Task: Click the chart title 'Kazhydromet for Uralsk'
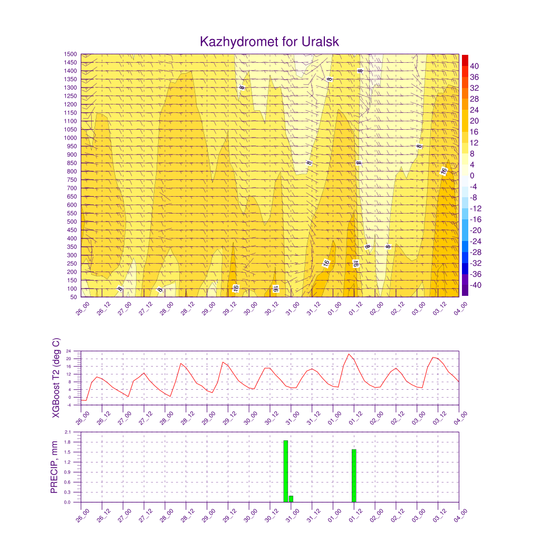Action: pyautogui.click(x=269, y=42)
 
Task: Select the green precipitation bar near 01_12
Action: pyautogui.click(x=354, y=475)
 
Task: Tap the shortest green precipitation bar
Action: pyautogui.click(x=291, y=499)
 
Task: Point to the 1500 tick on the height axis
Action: pyautogui.click(x=71, y=54)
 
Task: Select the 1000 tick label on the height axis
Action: pyautogui.click(x=71, y=138)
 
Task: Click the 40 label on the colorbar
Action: pyautogui.click(x=475, y=66)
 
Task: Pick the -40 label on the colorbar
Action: pyautogui.click(x=476, y=285)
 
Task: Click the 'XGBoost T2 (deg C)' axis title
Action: pyautogui.click(x=55, y=378)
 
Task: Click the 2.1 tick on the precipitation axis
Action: pyautogui.click(x=67, y=432)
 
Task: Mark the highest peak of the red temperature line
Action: pyautogui.click(x=349, y=354)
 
